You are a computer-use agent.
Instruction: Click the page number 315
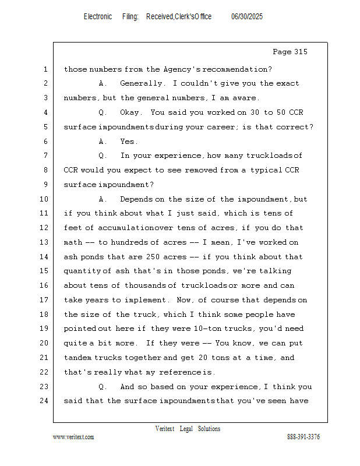click(x=299, y=52)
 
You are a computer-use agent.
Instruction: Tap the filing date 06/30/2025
click(x=247, y=17)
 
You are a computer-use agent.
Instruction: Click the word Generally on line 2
click(x=143, y=83)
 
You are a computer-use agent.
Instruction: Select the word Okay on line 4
click(x=131, y=112)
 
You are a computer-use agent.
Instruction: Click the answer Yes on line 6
click(x=129, y=142)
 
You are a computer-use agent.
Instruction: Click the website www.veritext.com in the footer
click(x=73, y=437)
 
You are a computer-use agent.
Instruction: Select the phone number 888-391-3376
click(x=303, y=437)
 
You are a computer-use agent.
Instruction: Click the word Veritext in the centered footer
click(x=165, y=429)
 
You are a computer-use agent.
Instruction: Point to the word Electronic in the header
click(x=98, y=17)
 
